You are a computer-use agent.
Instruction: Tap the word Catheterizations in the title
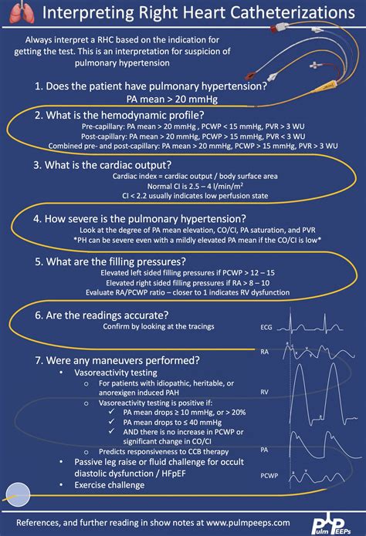tap(266, 13)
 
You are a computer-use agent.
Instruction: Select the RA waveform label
tap(264, 352)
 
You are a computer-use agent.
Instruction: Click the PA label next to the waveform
tap(264, 448)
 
